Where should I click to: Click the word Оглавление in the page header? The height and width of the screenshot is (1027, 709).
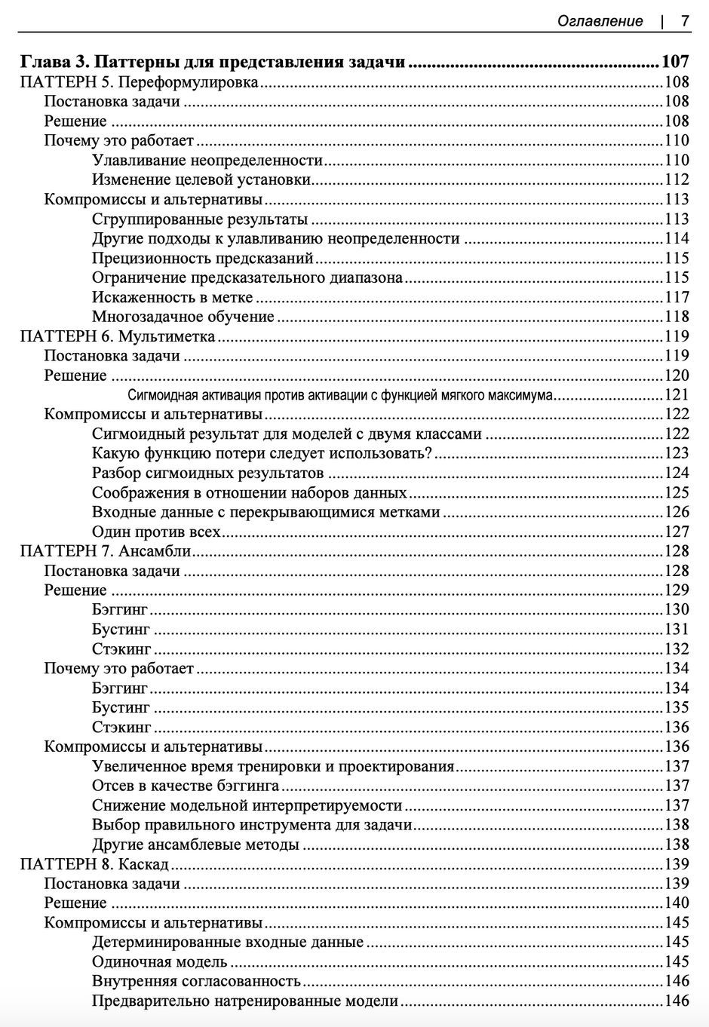600,21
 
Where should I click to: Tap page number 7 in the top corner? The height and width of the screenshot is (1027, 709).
685,21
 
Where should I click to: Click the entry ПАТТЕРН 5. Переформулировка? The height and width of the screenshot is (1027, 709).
140,82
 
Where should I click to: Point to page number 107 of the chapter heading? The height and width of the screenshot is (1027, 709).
675,62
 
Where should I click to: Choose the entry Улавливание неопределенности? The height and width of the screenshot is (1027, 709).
207,160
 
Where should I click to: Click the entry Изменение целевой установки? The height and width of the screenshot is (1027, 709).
201,179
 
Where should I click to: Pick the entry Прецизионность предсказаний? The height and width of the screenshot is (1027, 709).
202,258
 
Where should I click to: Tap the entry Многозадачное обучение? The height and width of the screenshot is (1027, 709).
183,317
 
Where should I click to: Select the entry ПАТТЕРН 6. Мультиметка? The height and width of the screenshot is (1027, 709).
118,336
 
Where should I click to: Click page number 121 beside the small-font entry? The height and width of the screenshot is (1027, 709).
677,395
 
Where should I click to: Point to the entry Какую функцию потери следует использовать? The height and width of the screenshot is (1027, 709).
262,453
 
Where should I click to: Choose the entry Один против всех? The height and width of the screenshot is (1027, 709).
156,532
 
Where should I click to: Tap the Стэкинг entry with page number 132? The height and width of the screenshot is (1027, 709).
121,649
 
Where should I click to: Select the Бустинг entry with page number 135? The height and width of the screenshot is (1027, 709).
121,708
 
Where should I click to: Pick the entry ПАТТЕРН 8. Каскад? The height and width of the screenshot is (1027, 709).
94,864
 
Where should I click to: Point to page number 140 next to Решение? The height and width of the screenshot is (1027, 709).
677,903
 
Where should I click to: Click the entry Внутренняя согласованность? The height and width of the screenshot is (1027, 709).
196,982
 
